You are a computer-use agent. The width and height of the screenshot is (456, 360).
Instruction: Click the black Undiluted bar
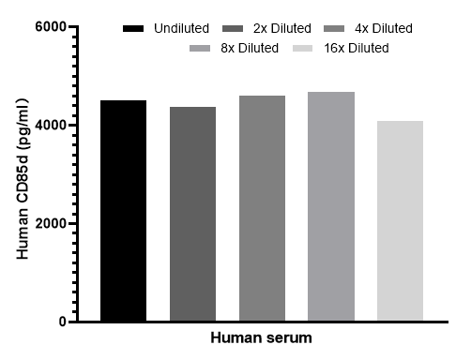click(123, 210)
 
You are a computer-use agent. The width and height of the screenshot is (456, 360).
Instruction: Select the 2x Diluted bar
click(192, 214)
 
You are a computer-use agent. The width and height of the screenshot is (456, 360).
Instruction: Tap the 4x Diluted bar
click(262, 208)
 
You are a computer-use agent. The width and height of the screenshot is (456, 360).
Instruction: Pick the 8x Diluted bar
click(331, 206)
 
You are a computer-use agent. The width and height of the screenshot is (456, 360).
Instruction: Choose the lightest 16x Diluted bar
click(400, 220)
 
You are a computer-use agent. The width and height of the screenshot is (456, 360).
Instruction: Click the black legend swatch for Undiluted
click(133, 29)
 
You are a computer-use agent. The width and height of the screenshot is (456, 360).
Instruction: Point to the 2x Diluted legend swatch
click(233, 29)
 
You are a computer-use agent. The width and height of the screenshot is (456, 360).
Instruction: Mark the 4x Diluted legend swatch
click(334, 29)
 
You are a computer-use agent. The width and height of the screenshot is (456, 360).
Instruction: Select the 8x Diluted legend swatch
click(200, 48)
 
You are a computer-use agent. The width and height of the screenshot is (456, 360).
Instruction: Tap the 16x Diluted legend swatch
click(302, 48)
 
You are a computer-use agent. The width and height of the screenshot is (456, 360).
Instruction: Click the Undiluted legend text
click(181, 28)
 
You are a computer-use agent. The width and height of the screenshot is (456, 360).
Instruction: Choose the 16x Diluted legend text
click(357, 48)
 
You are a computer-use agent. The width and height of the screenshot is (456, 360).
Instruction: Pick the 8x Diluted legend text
click(250, 48)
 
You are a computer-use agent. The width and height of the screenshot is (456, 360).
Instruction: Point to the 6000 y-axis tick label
click(51, 27)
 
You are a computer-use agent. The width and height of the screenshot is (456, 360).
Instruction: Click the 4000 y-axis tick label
click(51, 126)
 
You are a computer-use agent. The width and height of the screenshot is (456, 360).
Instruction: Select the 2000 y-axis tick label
click(51, 223)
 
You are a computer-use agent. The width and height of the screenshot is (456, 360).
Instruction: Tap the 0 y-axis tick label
click(63, 322)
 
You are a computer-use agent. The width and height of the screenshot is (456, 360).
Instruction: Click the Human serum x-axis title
click(261, 338)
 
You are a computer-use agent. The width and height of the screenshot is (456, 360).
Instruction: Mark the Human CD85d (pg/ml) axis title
click(23, 179)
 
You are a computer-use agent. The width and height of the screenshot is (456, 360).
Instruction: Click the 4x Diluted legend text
click(384, 28)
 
